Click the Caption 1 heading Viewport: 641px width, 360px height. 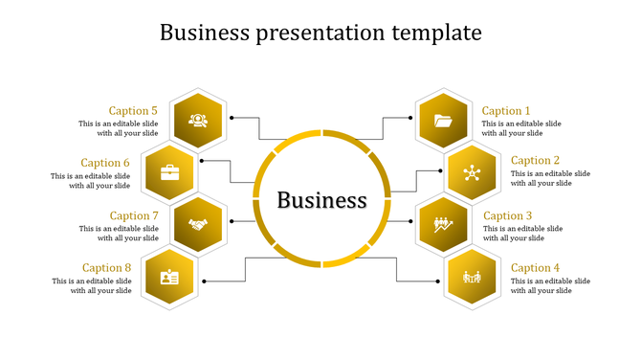(505, 111)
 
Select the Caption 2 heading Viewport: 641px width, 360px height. (534, 161)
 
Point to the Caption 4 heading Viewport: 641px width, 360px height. (534, 268)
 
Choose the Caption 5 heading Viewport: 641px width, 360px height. (133, 111)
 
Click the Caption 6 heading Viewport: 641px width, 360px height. (105, 163)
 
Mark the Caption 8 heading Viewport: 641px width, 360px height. (106, 268)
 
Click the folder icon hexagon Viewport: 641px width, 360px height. (443, 121)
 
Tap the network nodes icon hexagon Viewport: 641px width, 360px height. (471, 172)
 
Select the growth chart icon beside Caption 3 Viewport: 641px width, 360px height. (443, 225)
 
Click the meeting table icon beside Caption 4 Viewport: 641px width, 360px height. (472, 278)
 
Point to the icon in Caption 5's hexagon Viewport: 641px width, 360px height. (198, 121)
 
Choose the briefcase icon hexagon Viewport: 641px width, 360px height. (169, 172)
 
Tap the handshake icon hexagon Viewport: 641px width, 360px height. (198, 225)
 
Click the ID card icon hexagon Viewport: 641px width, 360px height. (169, 278)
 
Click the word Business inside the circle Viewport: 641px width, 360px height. (321, 200)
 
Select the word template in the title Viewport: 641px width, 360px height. (436, 33)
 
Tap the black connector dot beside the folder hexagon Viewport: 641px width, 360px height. (410, 119)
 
